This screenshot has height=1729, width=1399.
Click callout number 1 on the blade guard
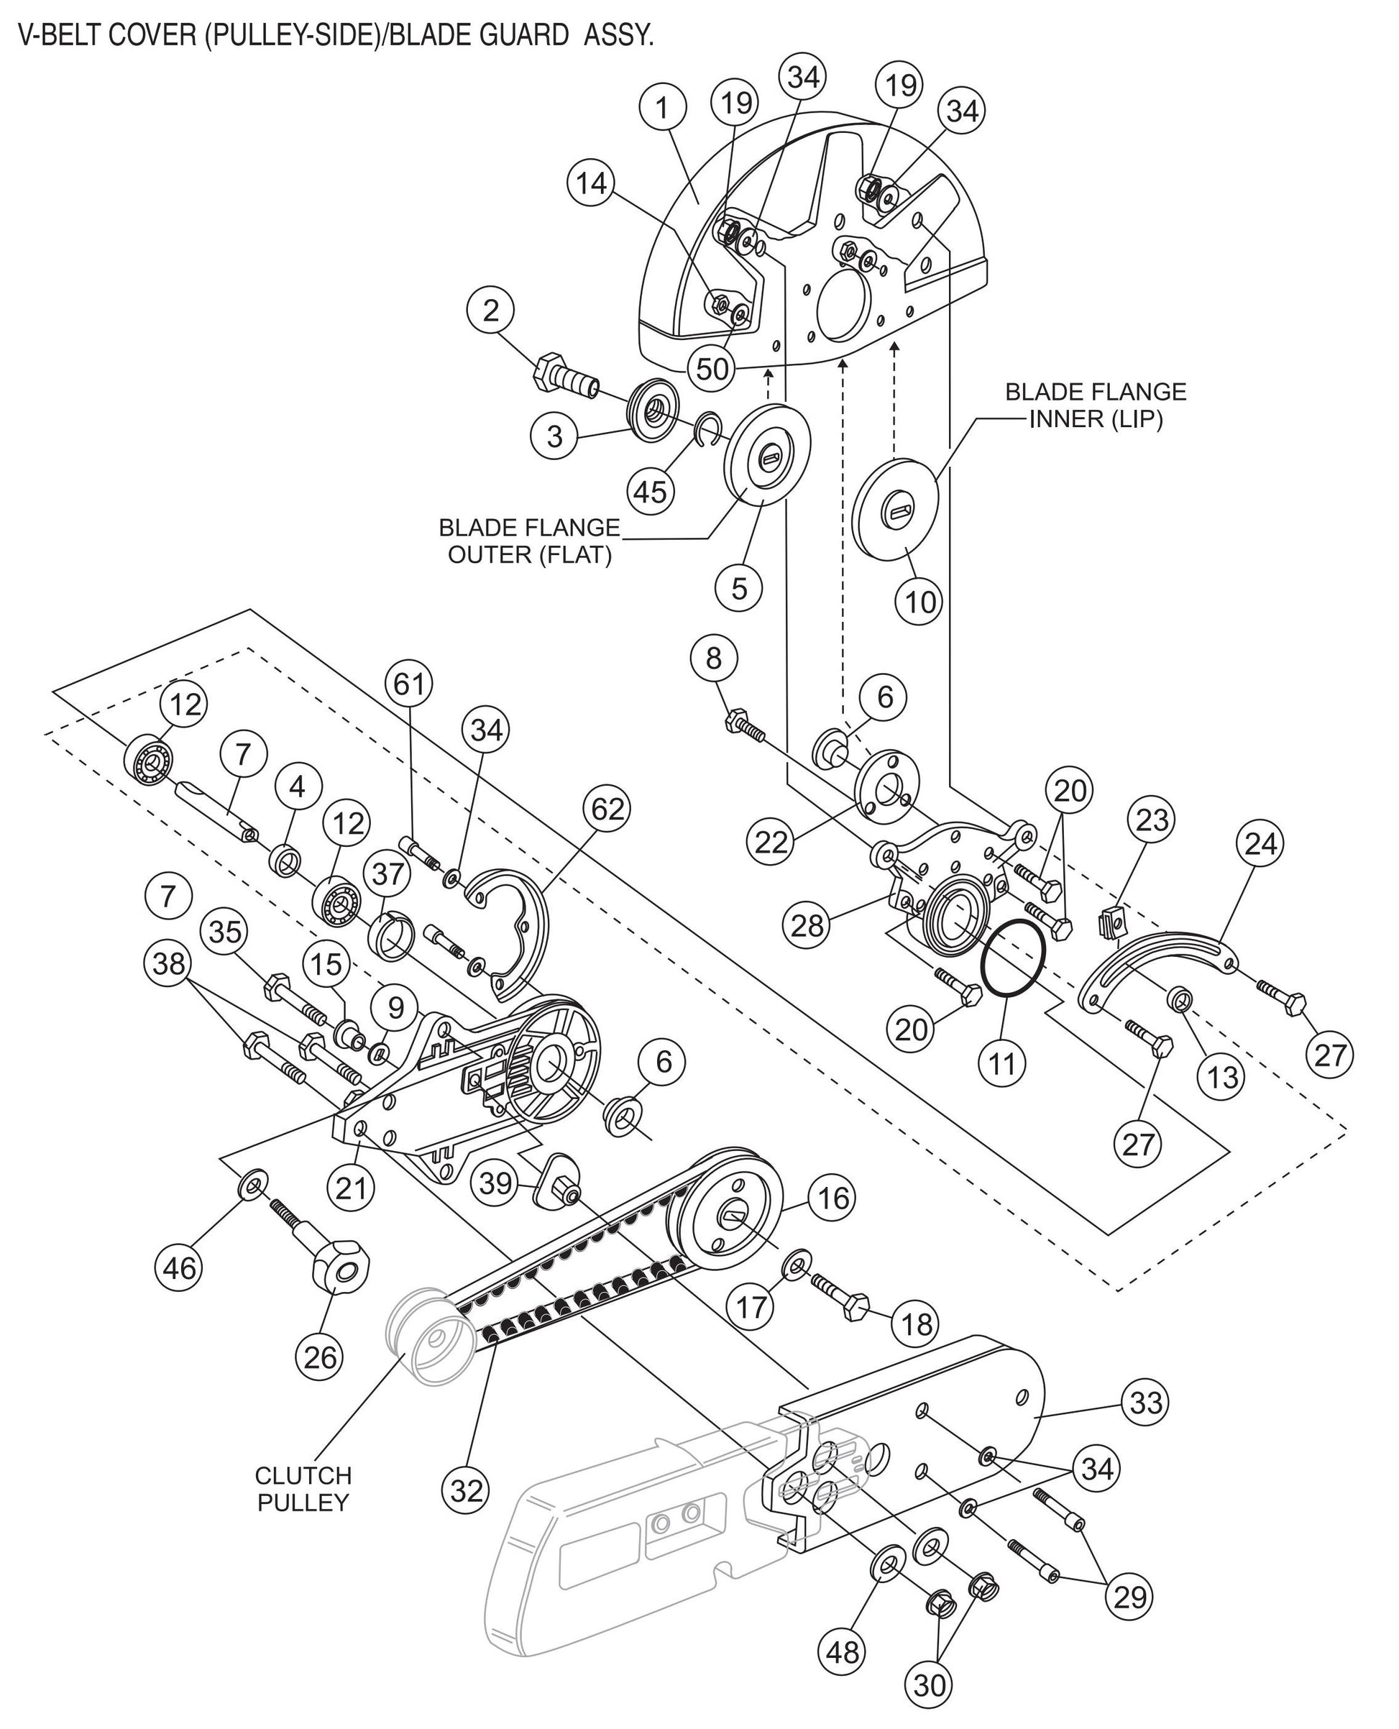[661, 107]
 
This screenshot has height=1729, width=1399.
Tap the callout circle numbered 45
[651, 490]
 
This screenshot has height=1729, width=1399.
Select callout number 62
[607, 809]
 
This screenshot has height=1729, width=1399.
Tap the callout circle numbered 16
[833, 1199]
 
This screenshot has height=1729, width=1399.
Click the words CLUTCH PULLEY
[303, 1489]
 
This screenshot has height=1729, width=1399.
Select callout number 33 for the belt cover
[1146, 1403]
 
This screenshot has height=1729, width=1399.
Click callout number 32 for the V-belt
[467, 1491]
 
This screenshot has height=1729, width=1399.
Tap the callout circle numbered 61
[408, 683]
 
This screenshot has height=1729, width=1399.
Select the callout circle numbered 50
[712, 369]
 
